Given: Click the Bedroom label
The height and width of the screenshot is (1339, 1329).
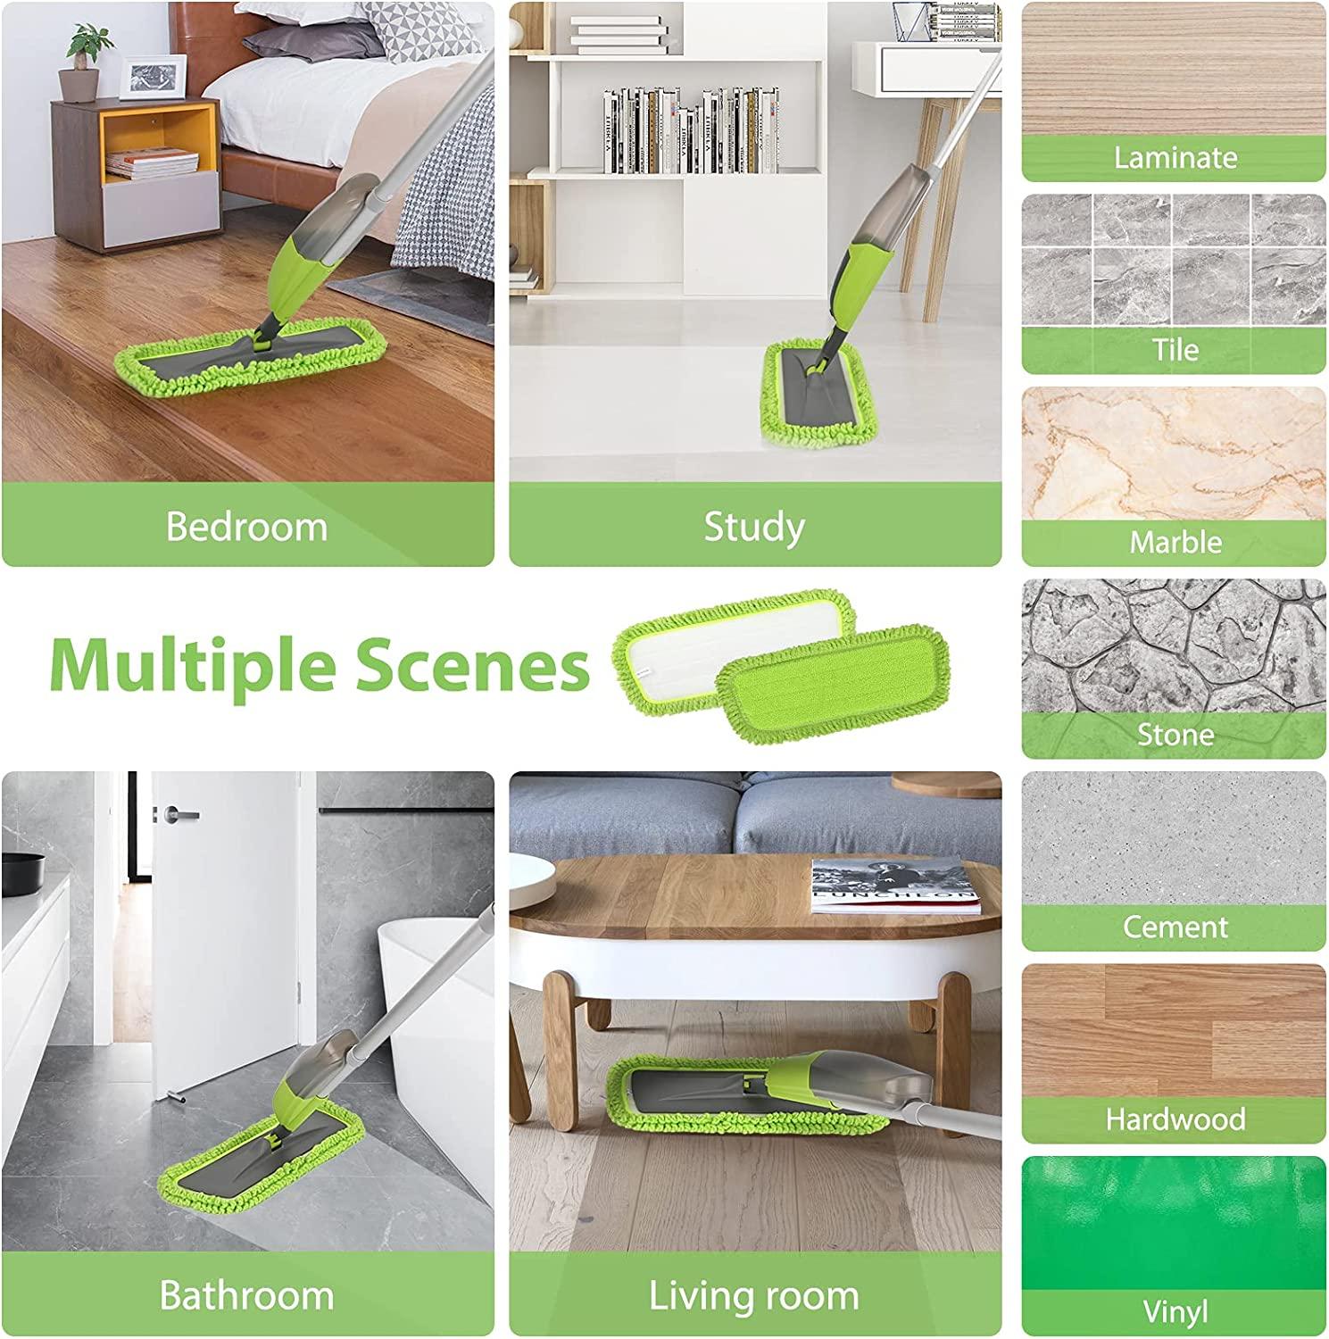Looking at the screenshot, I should (246, 527).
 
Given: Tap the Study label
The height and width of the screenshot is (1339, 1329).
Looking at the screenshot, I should (754, 527).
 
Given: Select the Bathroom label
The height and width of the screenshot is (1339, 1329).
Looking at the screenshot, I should (246, 1295).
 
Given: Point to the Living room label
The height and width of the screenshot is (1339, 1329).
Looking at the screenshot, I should (754, 1295).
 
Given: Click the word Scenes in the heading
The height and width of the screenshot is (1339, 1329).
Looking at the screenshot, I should (472, 666).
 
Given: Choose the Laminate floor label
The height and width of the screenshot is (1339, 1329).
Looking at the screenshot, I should (1175, 158).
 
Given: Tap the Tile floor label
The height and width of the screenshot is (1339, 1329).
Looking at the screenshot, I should (1175, 350).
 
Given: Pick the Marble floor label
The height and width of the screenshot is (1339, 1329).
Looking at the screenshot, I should (1175, 542).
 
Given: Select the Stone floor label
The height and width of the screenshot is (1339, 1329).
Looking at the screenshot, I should (1175, 735).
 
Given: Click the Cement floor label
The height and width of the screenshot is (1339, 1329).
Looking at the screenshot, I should (1175, 927).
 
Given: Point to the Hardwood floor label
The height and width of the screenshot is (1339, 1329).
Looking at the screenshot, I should (1175, 1119).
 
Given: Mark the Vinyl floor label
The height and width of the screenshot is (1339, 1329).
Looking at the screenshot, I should (1175, 1311).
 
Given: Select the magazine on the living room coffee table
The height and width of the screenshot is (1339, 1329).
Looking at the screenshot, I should (893, 886).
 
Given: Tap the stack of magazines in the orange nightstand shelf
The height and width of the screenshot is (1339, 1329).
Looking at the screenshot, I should (152, 162).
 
